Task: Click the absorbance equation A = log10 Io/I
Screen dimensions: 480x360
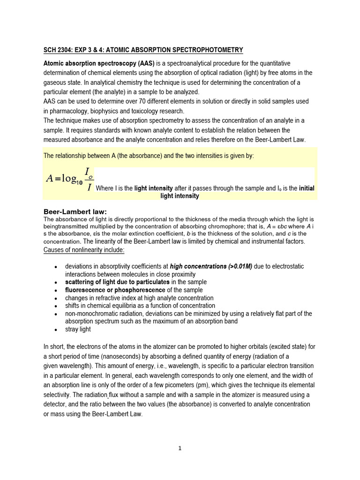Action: (x=70, y=180)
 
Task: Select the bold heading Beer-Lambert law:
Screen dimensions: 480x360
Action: (x=78, y=211)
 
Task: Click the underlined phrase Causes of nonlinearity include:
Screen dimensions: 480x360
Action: (x=84, y=250)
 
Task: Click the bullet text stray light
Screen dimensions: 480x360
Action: (x=78, y=329)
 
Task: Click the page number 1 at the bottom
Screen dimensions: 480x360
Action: (x=180, y=448)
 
